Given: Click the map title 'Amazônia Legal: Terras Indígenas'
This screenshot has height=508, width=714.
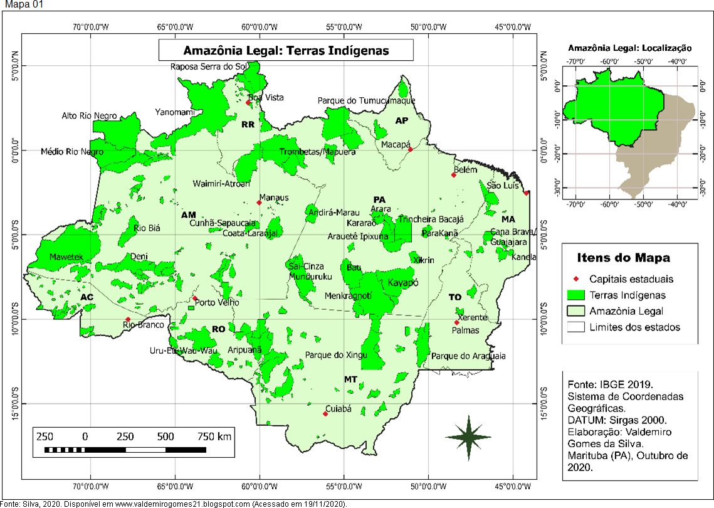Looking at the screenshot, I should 286,51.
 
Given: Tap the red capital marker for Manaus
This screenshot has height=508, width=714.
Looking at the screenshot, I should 259,203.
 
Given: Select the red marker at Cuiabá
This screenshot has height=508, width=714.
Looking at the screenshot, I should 325,414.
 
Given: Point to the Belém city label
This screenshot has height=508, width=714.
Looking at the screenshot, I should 465,169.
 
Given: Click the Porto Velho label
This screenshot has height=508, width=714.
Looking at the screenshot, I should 217,303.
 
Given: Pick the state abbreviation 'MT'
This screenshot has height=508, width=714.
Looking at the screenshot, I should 350,379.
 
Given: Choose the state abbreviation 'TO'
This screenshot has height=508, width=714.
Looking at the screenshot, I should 454,297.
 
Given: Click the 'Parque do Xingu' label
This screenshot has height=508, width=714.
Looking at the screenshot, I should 334,356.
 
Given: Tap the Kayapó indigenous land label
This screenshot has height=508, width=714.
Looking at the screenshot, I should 402,282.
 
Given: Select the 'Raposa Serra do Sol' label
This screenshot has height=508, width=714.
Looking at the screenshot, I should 209,66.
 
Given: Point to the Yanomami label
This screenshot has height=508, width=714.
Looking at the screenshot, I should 175,112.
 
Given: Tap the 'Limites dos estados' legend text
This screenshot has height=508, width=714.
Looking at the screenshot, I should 634,327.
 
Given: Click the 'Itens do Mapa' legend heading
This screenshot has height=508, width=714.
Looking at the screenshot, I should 623,258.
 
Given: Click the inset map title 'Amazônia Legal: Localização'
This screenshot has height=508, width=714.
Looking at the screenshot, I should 629,48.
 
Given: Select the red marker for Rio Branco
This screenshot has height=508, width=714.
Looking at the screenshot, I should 128,320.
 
